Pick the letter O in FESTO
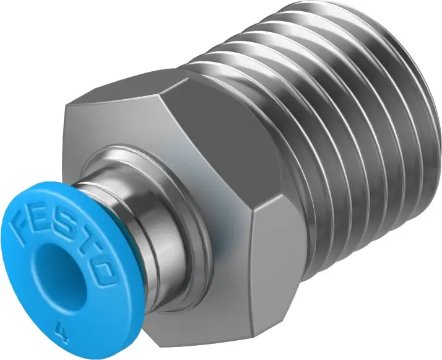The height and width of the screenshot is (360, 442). coord(102,268)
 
